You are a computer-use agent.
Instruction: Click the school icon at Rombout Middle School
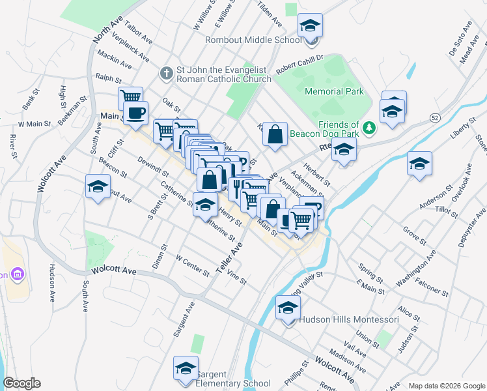click(311, 26)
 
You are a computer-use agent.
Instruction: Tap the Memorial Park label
click(334, 92)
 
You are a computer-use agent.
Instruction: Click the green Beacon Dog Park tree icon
click(370, 126)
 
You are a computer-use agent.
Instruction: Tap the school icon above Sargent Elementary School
click(186, 368)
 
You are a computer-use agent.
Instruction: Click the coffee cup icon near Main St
click(135, 113)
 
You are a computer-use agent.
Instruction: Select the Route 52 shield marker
click(434, 117)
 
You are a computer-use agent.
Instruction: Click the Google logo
click(21, 383)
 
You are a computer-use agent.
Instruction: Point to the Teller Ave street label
click(233, 257)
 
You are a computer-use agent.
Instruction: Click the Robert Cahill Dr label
click(299, 63)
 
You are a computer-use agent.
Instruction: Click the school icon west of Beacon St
click(98, 187)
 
